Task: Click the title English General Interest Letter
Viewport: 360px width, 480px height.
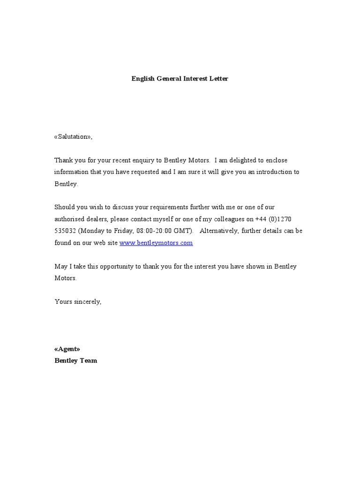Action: tap(180, 79)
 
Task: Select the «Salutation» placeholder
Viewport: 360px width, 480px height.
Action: tap(73, 137)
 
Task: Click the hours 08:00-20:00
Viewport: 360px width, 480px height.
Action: tap(153, 231)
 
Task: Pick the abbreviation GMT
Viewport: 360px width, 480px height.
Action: tap(182, 231)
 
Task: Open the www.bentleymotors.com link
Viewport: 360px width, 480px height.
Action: tap(156, 243)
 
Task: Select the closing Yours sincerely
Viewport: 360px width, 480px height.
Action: tap(78, 301)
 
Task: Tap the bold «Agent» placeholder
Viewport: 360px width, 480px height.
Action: tap(67, 349)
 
